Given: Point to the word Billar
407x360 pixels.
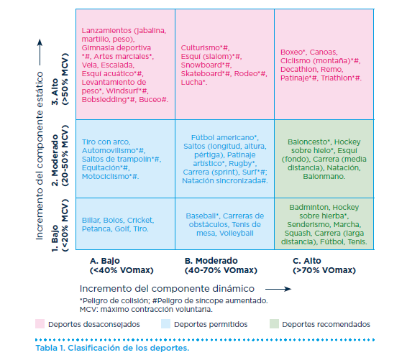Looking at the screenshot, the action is coord(91,220).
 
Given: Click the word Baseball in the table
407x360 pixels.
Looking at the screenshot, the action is coord(201,216).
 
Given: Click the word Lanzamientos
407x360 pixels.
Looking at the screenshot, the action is coord(106,31).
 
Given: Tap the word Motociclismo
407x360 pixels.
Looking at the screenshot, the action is coord(106,176).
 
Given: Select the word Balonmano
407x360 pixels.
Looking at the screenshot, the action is coord(324,176).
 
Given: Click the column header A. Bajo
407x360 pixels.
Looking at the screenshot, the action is coord(105,261).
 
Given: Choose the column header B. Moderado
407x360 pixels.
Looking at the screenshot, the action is coord(211,261).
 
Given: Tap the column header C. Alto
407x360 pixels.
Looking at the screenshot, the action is coord(307,261).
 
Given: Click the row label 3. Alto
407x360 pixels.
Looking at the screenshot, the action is coord(55,92).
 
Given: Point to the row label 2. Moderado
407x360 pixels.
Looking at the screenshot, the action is coord(55,160).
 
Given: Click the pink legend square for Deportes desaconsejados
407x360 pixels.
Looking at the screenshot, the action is coord(40,324).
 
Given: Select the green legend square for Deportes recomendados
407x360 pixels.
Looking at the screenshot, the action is coord(274,324).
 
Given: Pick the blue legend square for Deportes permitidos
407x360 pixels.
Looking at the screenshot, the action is coord(165,324).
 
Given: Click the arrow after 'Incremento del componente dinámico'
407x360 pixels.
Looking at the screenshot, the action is coord(278,289).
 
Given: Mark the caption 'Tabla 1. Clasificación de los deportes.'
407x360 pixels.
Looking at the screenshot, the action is coord(112,348).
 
